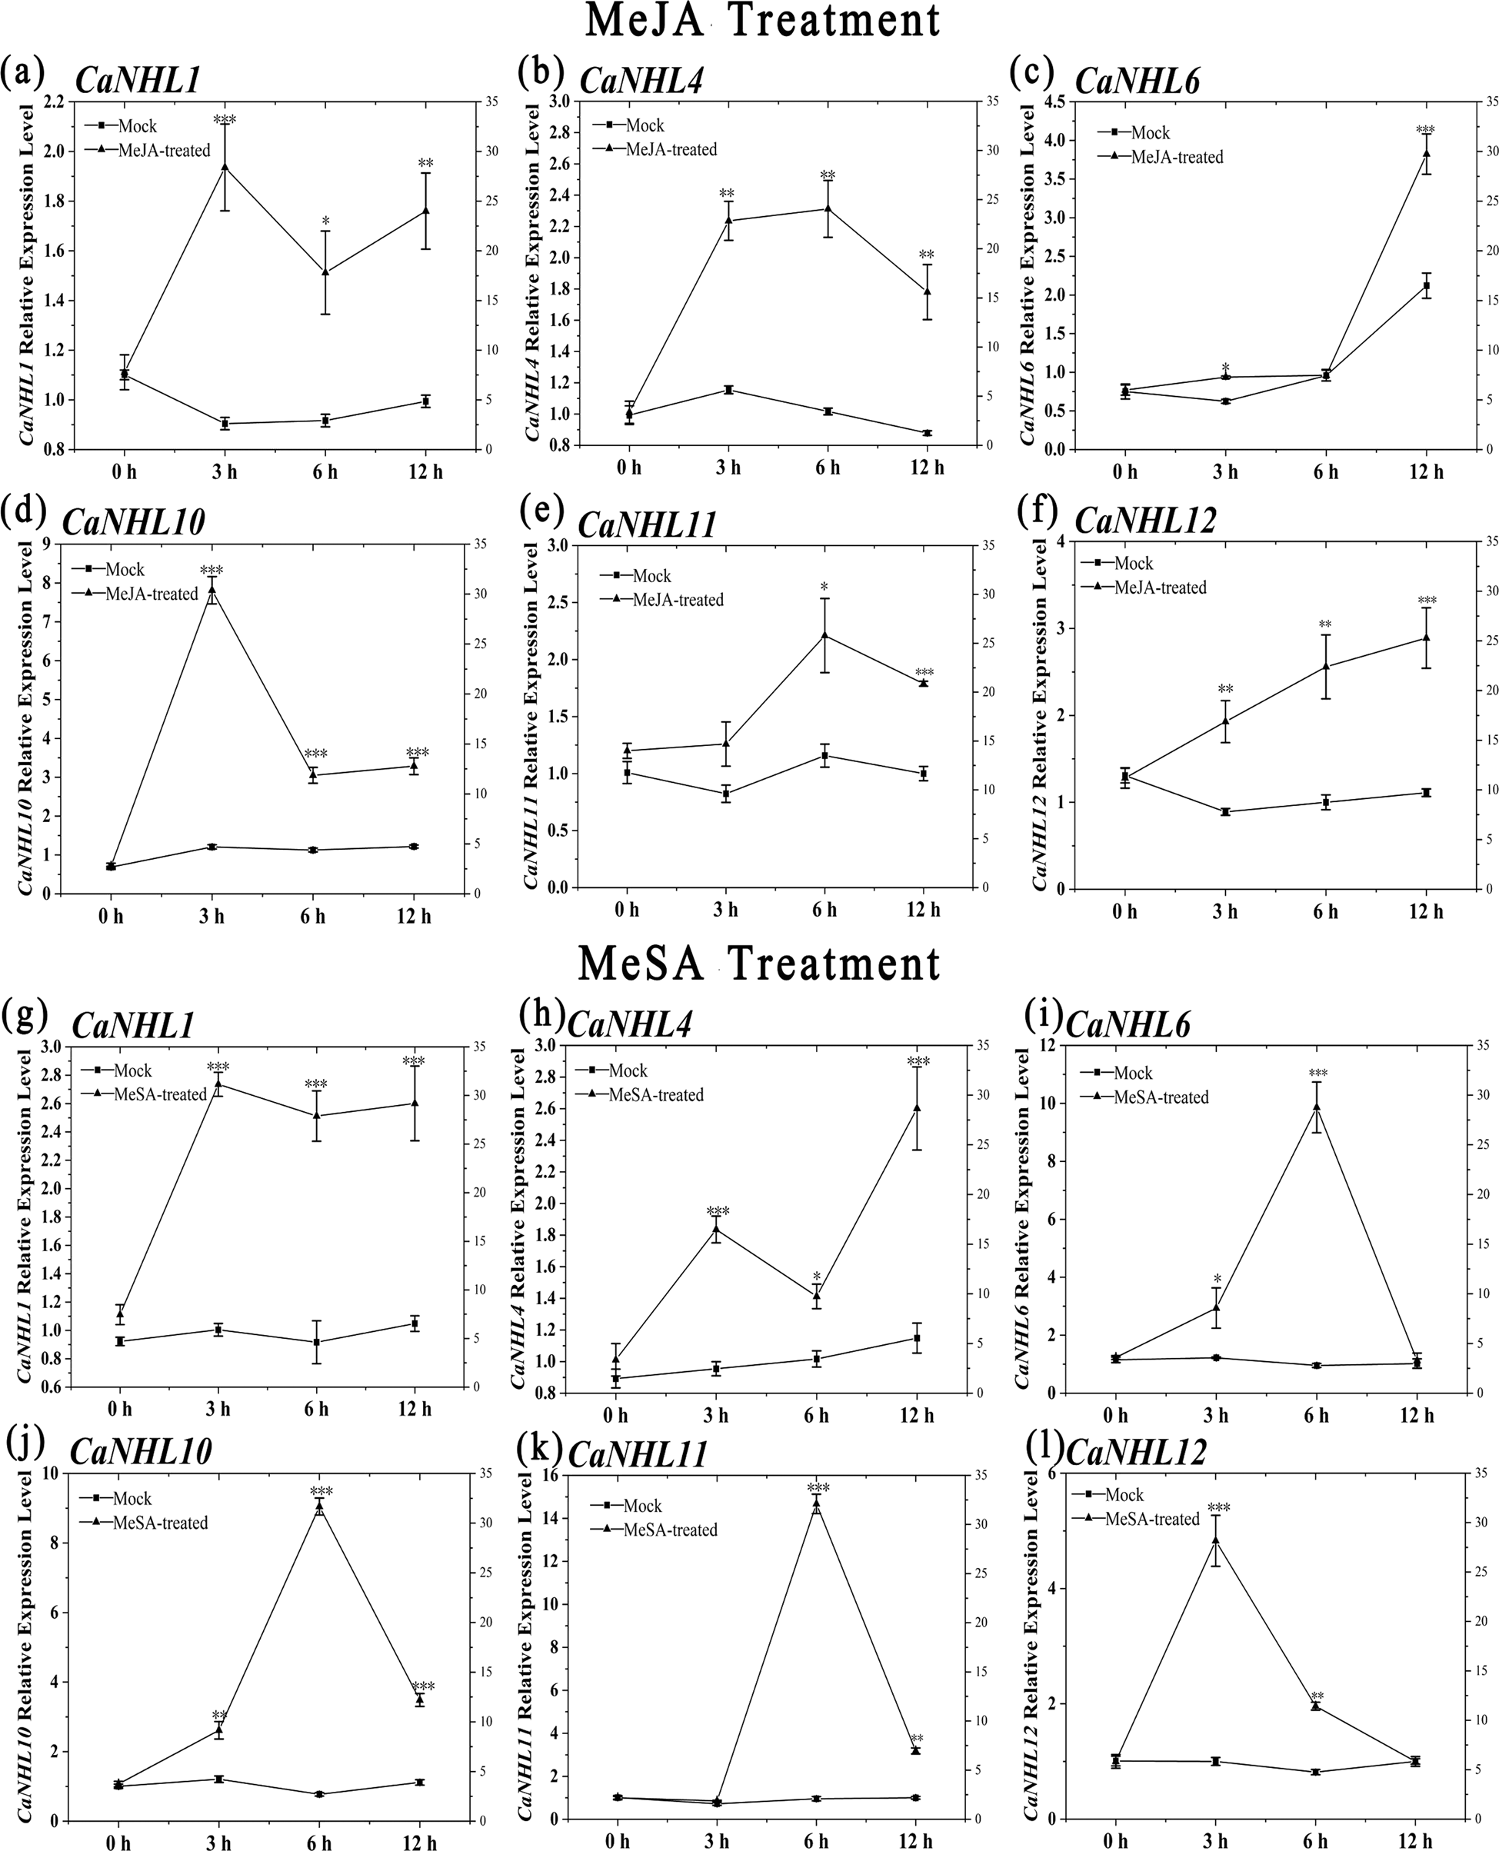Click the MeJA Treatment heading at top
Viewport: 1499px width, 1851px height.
(x=761, y=21)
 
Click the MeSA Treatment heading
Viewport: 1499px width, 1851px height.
(x=758, y=964)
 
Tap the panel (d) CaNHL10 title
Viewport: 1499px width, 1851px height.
(x=134, y=522)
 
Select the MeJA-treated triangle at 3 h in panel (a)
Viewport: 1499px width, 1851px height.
(x=225, y=167)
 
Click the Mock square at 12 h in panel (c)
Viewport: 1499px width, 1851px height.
(x=1426, y=286)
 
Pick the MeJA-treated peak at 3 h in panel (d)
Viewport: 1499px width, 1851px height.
(x=211, y=589)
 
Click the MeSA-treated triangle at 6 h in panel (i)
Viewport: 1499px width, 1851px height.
(x=1316, y=1106)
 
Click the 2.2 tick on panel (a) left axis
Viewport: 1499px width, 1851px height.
(x=54, y=102)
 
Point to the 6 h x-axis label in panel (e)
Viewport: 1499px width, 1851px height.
(x=824, y=910)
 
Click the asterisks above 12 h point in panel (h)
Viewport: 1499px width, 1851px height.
(x=918, y=1060)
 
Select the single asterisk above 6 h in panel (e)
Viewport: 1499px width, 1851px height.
(x=824, y=586)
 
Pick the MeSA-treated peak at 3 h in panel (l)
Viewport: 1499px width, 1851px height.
(x=1215, y=1540)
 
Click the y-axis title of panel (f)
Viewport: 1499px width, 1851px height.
(x=1040, y=717)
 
